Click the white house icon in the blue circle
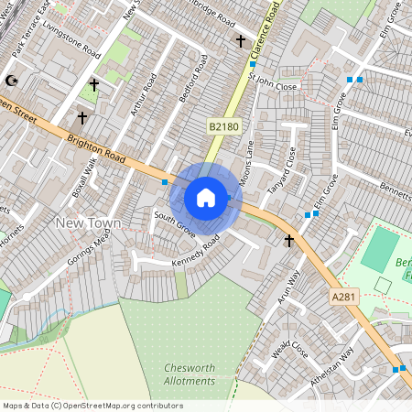(x=206, y=198)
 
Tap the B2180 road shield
(x=222, y=125)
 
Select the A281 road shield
(x=344, y=296)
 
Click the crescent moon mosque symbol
(x=12, y=81)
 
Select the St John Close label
(x=278, y=85)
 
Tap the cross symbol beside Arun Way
(x=289, y=241)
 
